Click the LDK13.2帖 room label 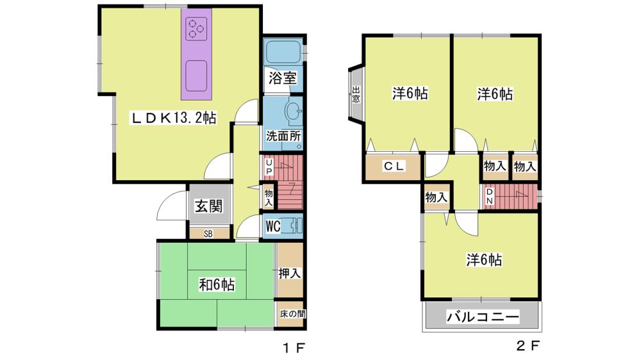point(173,118)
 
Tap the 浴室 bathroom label point(283,78)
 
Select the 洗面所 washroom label point(283,136)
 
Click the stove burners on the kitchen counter point(196,29)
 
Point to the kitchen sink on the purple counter point(197,76)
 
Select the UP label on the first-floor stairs point(269,167)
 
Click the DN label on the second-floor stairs point(489,196)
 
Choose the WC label point(273,225)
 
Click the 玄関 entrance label point(208,206)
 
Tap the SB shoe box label point(208,234)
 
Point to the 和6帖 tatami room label point(217,284)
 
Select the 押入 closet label point(290,273)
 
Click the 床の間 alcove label point(292,314)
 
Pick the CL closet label point(394,166)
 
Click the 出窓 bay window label point(356,94)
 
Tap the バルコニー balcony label point(483,316)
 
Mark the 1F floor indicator point(294,348)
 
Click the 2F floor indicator point(528,346)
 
